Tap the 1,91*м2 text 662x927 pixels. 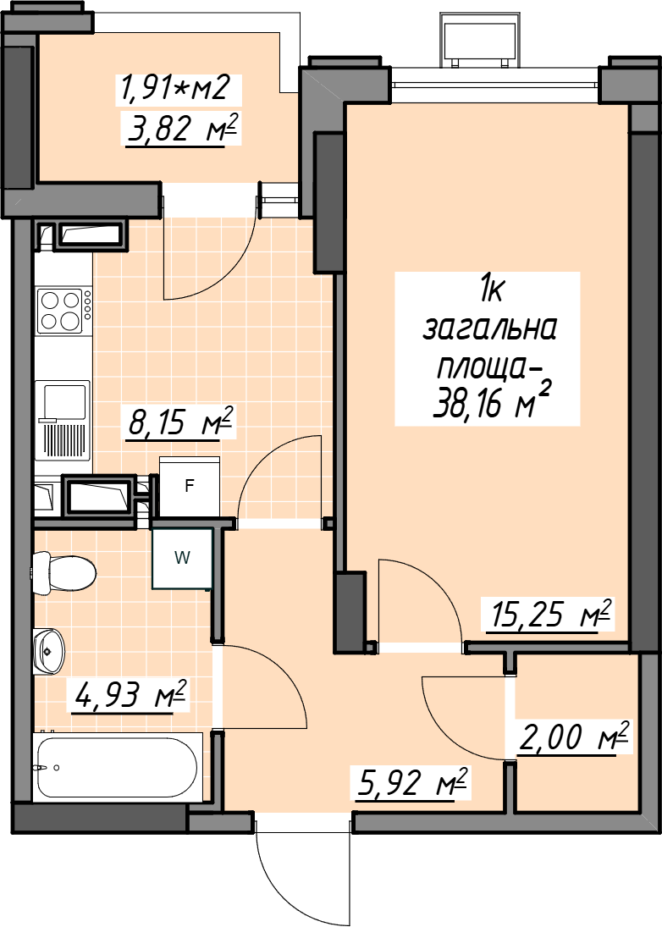point(174,88)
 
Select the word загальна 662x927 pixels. point(489,330)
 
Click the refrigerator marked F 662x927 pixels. point(190,487)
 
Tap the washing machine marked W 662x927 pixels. point(182,558)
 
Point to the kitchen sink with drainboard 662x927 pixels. point(63,421)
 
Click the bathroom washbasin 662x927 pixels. point(49,651)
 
